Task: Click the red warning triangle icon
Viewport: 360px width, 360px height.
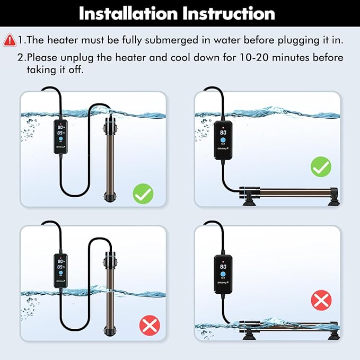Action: [9, 40]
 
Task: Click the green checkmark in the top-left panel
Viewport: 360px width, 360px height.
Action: [143, 195]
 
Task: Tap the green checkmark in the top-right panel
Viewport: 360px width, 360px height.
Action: [320, 168]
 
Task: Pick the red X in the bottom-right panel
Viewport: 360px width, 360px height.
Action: [320, 301]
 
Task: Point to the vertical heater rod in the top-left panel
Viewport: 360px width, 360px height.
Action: [110, 159]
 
